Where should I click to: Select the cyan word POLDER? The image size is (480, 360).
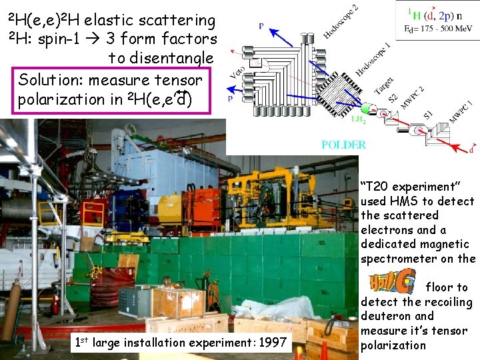[x=343, y=145]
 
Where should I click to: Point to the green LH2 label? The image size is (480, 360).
[x=358, y=119]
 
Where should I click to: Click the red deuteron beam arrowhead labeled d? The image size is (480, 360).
[x=466, y=148]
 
